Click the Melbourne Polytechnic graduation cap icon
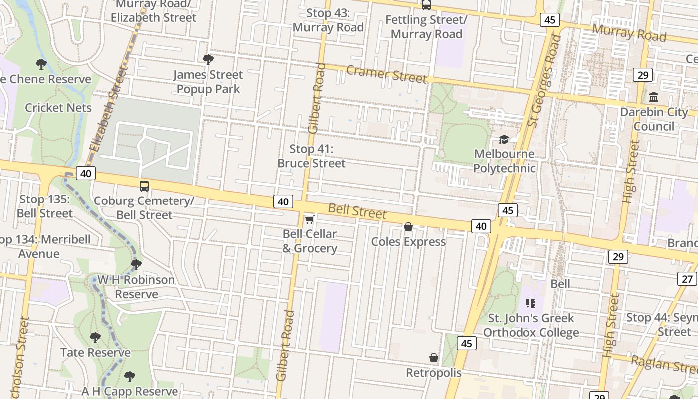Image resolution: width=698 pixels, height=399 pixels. click(504, 139)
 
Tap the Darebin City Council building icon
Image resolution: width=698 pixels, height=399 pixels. click(654, 97)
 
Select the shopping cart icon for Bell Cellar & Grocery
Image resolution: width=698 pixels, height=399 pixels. click(309, 219)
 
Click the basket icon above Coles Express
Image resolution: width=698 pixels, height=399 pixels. click(408, 227)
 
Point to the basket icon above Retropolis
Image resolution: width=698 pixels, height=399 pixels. click(434, 358)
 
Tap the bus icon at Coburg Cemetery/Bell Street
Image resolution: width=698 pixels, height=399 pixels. click(144, 186)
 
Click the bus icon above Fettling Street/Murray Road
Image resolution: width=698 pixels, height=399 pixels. click(426, 5)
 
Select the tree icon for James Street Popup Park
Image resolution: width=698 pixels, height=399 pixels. click(208, 60)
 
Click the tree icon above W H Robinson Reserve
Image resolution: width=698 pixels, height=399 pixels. click(136, 264)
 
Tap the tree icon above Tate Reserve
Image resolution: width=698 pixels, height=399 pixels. click(95, 338)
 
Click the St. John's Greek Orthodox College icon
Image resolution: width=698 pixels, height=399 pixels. click(530, 303)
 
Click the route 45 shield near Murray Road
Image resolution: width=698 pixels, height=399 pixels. click(550, 20)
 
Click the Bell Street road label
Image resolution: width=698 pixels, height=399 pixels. click(357, 211)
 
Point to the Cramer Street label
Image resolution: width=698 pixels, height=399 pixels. click(386, 74)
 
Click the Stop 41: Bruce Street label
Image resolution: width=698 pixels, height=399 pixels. click(311, 156)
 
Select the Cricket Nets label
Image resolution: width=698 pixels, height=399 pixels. click(58, 108)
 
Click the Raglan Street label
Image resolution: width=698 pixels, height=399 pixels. click(664, 364)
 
